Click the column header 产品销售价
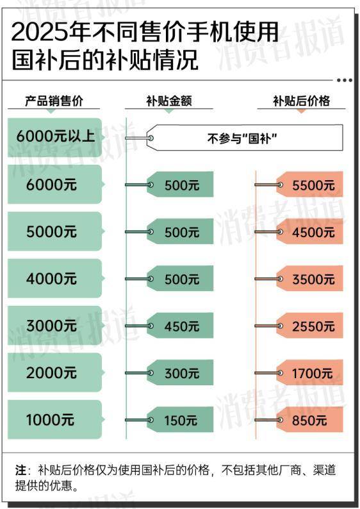pos(54,101)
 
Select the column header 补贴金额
pos(168,101)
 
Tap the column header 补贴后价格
pos(301,101)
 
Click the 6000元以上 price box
pos(55,137)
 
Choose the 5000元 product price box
pos(55,231)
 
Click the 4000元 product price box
pos(55,278)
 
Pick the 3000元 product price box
pos(55,325)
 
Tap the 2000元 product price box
pos(55,372)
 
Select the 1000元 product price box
pos(55,419)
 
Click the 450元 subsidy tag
pos(181,326)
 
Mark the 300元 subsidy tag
pos(181,372)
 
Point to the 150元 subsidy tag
pos(181,420)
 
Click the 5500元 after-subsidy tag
pos(310,185)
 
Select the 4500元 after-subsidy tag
pos(310,231)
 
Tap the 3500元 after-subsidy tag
pos(310,278)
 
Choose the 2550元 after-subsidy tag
pos(310,326)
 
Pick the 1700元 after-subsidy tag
pos(310,372)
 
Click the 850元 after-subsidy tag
pos(310,420)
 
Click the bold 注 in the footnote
pos(20,470)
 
